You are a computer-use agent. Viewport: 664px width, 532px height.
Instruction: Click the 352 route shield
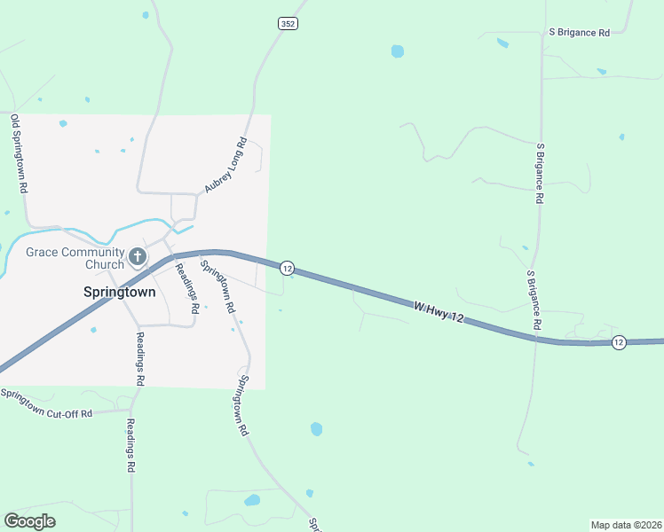click(287, 24)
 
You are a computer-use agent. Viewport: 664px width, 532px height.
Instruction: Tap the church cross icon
click(137, 257)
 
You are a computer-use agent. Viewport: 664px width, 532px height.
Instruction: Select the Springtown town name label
click(119, 292)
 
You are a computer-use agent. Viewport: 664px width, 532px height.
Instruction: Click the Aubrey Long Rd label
click(225, 166)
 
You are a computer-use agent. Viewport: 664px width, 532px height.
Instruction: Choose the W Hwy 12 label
click(439, 311)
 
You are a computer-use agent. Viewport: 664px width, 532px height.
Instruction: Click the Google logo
click(29, 520)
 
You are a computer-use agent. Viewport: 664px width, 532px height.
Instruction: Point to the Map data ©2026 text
click(626, 525)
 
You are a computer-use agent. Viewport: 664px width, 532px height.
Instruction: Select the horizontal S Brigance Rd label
click(579, 32)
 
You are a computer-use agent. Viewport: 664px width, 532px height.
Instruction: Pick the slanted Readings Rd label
click(186, 288)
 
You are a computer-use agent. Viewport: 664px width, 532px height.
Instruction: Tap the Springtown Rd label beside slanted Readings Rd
click(217, 286)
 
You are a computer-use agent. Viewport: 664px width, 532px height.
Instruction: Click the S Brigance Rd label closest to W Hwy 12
click(534, 301)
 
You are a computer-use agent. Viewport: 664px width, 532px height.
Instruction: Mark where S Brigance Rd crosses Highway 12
click(535, 339)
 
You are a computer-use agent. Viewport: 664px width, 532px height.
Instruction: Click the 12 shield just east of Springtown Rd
click(286, 267)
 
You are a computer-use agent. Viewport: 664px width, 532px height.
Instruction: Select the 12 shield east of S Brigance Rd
click(619, 342)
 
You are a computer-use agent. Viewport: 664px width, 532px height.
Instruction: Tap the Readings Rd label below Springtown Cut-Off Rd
click(130, 445)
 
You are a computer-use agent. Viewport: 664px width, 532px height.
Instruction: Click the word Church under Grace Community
click(105, 264)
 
